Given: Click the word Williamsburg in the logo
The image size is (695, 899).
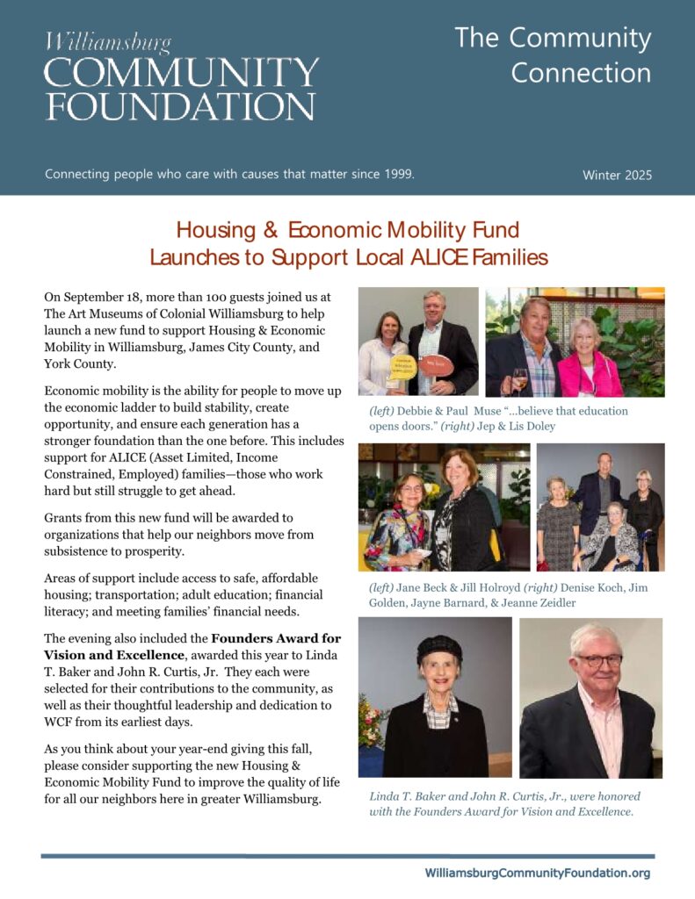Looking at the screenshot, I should pos(109,42).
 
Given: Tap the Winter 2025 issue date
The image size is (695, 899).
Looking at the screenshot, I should pos(617,175).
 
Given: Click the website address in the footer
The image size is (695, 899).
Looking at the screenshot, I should pos(538,873).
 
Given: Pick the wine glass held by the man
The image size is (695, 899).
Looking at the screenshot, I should pos(519,378).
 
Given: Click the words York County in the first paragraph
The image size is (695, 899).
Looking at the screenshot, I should pos(78,363).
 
